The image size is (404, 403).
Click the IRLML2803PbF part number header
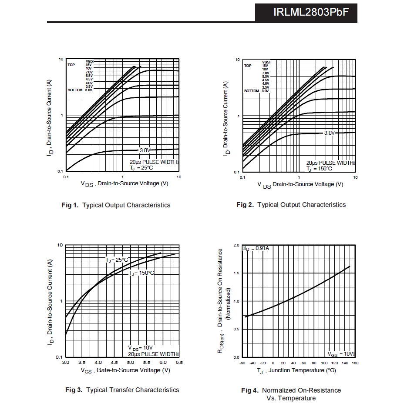click(x=311, y=12)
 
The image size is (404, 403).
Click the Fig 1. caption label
click(x=70, y=205)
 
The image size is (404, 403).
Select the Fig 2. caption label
click(x=245, y=205)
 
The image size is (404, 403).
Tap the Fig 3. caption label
click(x=74, y=390)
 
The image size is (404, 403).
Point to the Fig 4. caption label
click(x=250, y=390)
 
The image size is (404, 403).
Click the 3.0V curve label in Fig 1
click(x=145, y=150)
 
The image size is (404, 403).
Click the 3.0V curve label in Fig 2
click(x=329, y=133)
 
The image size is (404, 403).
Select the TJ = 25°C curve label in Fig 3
click(x=117, y=260)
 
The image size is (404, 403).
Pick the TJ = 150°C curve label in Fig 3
click(x=141, y=273)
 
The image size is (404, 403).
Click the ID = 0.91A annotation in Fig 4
click(x=256, y=248)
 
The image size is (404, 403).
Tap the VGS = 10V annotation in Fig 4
click(x=341, y=354)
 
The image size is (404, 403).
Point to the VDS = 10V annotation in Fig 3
click(x=140, y=348)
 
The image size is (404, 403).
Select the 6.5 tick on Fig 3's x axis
click(x=179, y=362)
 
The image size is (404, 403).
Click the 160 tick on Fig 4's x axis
click(x=355, y=363)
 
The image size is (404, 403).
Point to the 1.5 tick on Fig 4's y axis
click(x=236, y=273)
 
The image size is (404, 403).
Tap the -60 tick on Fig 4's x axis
click(x=242, y=363)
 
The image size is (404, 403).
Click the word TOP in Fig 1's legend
click(x=71, y=65)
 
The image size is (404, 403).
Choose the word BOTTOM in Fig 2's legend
click(x=251, y=91)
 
